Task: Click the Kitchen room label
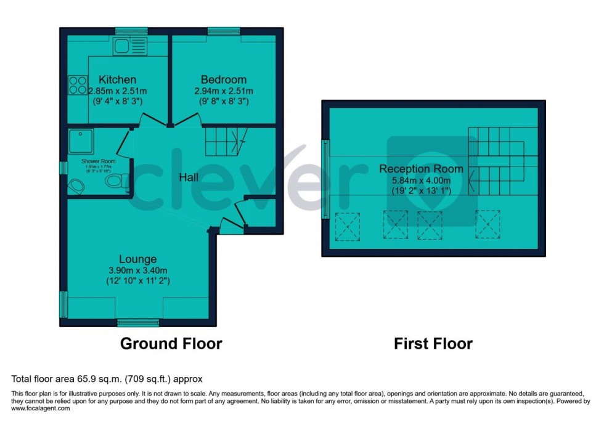tap(117, 79)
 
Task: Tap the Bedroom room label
tap(223, 79)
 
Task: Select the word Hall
tap(189, 177)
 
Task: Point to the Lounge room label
tap(138, 259)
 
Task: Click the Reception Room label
tap(421, 169)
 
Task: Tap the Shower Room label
tap(99, 161)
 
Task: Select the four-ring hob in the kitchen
tap(77, 84)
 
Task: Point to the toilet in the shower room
tap(115, 181)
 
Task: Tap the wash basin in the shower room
tap(77, 185)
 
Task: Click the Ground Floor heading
tap(171, 343)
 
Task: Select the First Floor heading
tap(433, 343)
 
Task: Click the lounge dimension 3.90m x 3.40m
tap(138, 270)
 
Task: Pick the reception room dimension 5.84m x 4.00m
tap(421, 180)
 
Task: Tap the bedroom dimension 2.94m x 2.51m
tap(223, 91)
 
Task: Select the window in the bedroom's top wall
tap(219, 31)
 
